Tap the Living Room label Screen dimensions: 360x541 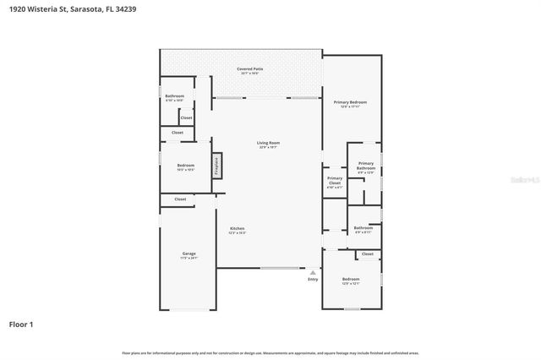point(268,143)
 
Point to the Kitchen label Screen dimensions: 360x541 point(238,229)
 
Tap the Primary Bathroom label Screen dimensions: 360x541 point(365,166)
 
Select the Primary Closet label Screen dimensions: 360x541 point(335,180)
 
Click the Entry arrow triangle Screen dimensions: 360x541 point(313,272)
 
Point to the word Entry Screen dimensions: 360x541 point(313,280)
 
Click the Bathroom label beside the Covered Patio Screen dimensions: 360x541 point(174,97)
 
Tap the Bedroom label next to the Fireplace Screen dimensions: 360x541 point(185,166)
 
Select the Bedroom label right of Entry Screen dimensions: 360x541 point(350,280)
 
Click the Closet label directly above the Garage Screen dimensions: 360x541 point(180,199)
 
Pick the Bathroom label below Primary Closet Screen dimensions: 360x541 point(363,227)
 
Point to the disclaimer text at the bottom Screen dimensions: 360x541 point(270,352)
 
